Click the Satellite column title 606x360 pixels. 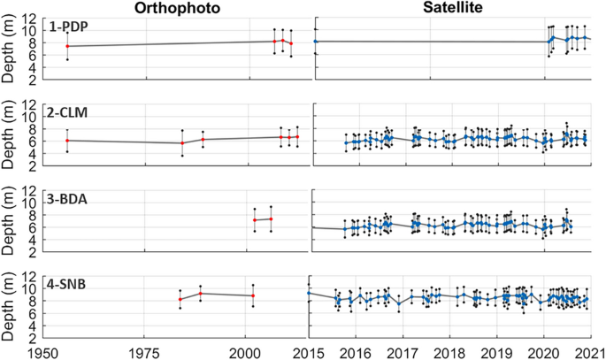451,8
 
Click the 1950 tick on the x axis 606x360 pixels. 43,351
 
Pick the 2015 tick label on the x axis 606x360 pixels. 307,351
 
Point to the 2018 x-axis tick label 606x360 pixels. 449,351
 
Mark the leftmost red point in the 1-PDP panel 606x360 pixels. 67,46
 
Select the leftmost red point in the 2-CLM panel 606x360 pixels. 67,141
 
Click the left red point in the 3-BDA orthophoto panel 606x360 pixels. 255,220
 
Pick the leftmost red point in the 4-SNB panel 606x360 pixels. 180,300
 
